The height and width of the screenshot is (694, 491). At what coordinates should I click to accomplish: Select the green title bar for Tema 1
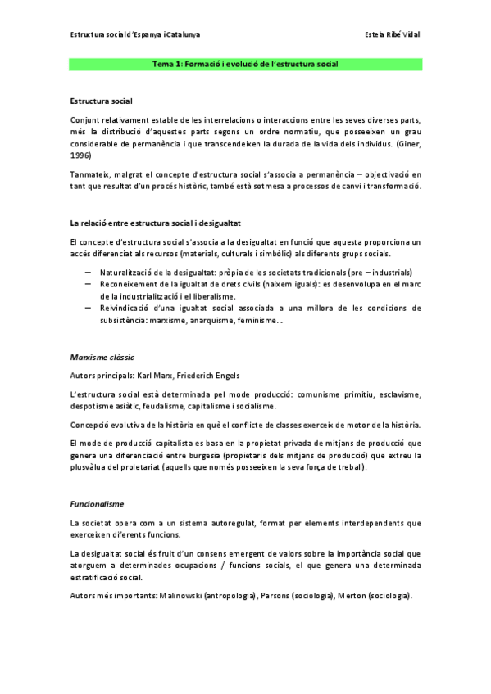(x=245, y=64)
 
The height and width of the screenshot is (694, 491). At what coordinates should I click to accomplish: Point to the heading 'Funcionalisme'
(x=96, y=504)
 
